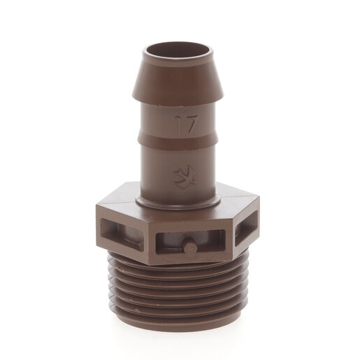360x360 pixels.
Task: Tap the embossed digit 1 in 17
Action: click(178, 124)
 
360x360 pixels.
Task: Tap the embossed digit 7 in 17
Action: click(192, 124)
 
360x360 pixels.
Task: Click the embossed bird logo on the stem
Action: click(185, 177)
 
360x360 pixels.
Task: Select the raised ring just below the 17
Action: click(178, 141)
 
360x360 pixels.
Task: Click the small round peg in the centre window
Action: click(190, 247)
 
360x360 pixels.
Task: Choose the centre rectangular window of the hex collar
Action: click(191, 242)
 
